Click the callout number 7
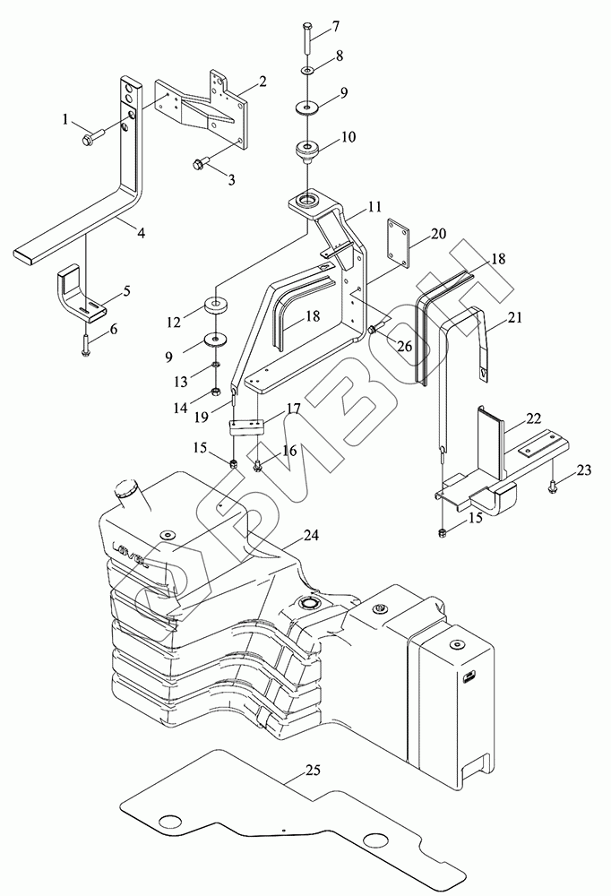coord(337,25)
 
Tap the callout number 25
coord(312,770)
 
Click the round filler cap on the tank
coord(125,489)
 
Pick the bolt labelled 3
coord(202,163)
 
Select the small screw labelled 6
coord(85,341)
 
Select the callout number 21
coord(514,318)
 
